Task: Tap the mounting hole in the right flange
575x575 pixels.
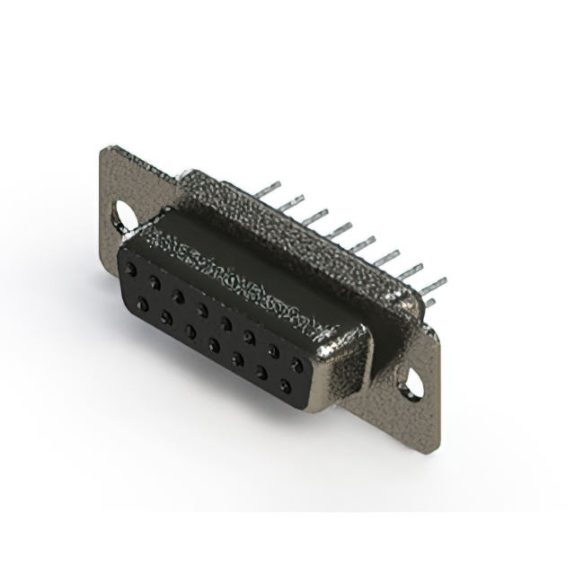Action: (x=411, y=385)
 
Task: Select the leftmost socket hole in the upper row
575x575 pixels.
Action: (x=132, y=269)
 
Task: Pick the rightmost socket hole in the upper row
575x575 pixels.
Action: (x=296, y=365)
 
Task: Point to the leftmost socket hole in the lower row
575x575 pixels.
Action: (x=142, y=305)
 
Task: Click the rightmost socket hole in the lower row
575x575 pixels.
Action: (x=286, y=387)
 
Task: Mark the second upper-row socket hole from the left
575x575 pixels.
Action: (x=155, y=282)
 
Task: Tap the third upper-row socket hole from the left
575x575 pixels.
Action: (x=179, y=296)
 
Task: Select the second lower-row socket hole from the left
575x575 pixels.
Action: (x=166, y=318)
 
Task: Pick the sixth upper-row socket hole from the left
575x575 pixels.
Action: (x=250, y=337)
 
